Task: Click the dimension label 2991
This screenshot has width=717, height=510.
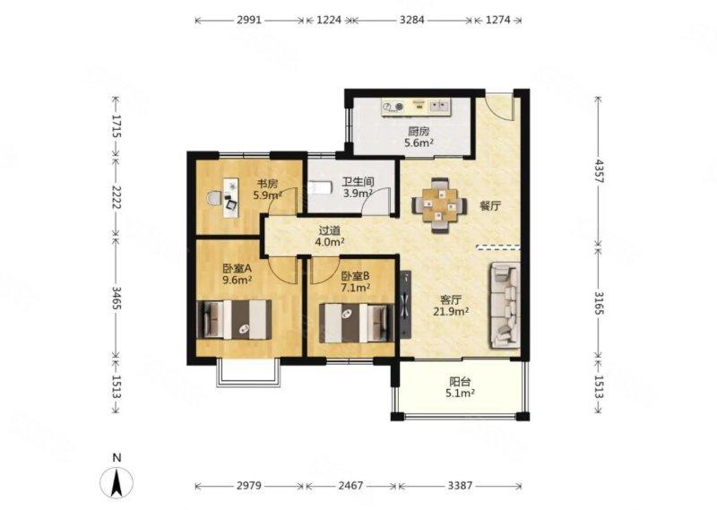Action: pyautogui.click(x=249, y=20)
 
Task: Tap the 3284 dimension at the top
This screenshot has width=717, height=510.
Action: pyautogui.click(x=412, y=20)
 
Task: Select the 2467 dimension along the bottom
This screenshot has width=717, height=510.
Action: pyautogui.click(x=350, y=485)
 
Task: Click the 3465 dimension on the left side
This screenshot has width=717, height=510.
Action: pyautogui.click(x=116, y=298)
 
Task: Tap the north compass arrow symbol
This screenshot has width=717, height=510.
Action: pyautogui.click(x=117, y=483)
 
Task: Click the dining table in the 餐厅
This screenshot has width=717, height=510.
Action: pyautogui.click(x=439, y=205)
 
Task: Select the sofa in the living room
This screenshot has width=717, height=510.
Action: pyautogui.click(x=505, y=306)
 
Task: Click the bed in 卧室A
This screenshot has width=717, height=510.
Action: pyautogui.click(x=234, y=320)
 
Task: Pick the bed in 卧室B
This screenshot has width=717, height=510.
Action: pyautogui.click(x=357, y=323)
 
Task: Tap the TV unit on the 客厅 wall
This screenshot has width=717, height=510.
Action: pyautogui.click(x=405, y=304)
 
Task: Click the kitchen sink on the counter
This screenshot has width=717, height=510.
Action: pyautogui.click(x=439, y=107)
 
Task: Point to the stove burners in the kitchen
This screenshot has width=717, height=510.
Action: pyautogui.click(x=393, y=107)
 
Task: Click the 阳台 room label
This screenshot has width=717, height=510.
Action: pyautogui.click(x=460, y=382)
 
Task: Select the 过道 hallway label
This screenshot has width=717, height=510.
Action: pyautogui.click(x=329, y=231)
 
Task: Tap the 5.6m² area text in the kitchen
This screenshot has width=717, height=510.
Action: pyautogui.click(x=419, y=143)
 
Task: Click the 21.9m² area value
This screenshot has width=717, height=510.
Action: pyautogui.click(x=451, y=312)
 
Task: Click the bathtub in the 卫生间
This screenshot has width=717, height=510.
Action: pyautogui.click(x=320, y=187)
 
